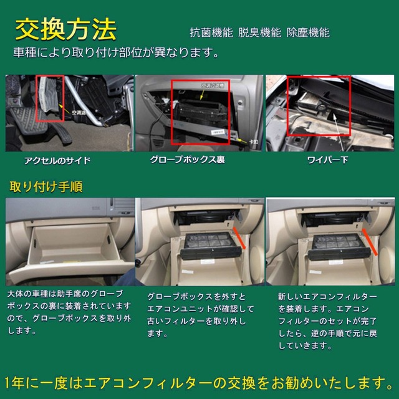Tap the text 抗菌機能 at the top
(211, 32)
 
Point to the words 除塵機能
(308, 32)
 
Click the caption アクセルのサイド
(57, 160)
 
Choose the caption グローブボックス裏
(187, 160)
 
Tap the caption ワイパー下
(327, 160)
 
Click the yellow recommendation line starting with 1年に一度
(199, 380)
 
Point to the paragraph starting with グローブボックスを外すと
(199, 315)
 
